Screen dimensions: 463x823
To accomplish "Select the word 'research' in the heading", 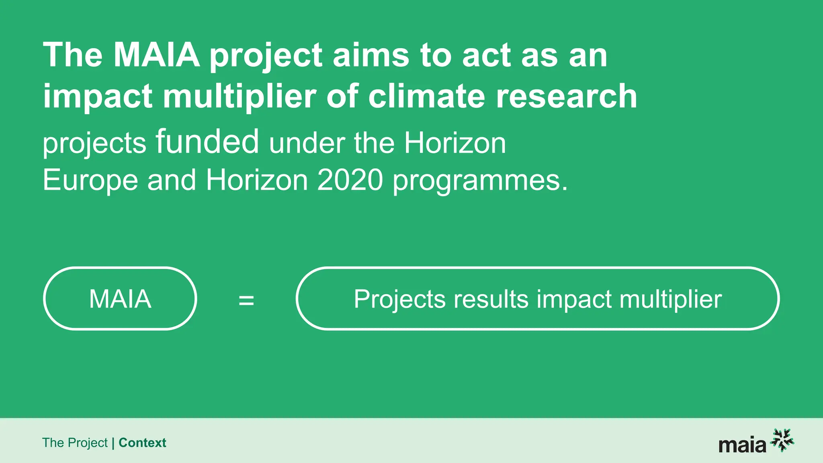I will pos(567,96).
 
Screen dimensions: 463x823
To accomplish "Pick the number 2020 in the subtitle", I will pos(350,180).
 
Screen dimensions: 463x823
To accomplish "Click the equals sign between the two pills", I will pos(246,300).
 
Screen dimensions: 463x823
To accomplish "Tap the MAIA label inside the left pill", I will pos(120,299).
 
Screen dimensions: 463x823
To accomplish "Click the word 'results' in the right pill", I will pos(491,299).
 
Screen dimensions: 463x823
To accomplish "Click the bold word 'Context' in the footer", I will pos(142,443).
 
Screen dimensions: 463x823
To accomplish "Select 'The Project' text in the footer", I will pos(75,443).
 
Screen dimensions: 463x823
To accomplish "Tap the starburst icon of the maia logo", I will pos(782,440).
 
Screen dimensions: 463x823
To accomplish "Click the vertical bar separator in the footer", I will pos(113,443).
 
